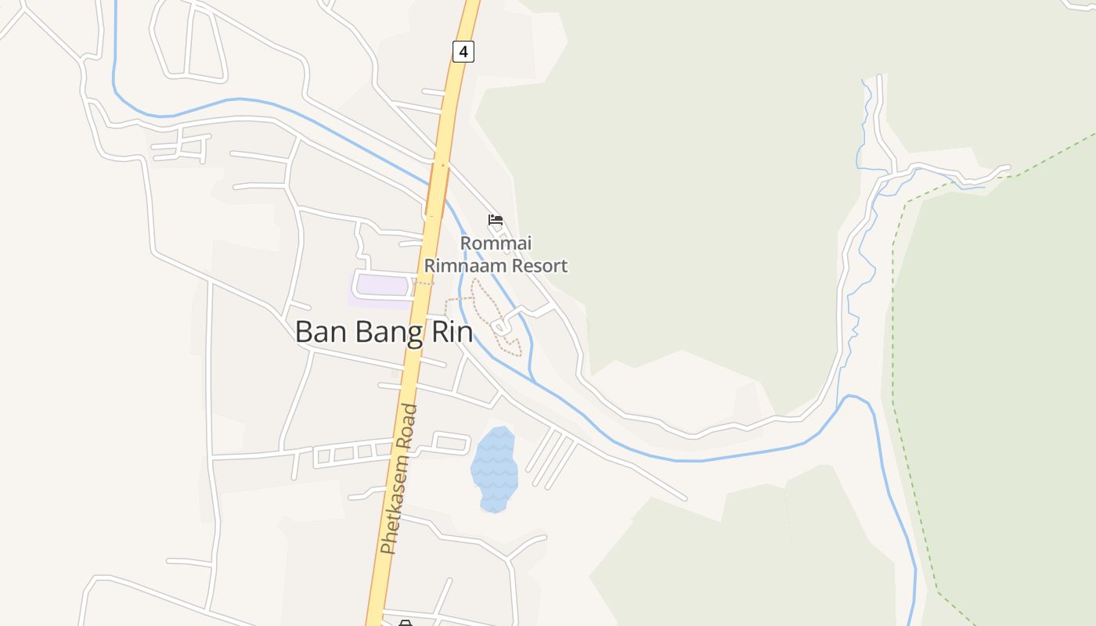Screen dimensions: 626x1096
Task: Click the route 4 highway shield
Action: coord(463,52)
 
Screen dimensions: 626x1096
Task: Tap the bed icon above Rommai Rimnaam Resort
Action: coord(495,220)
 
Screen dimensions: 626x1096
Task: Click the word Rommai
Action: coord(496,243)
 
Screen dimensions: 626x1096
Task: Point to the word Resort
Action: coord(539,265)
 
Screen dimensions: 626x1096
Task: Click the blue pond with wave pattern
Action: coord(494,469)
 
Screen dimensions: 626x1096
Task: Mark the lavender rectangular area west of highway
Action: coord(382,286)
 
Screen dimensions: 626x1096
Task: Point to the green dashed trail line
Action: coord(892,329)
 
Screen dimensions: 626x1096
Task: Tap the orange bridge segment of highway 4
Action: coord(438,189)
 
